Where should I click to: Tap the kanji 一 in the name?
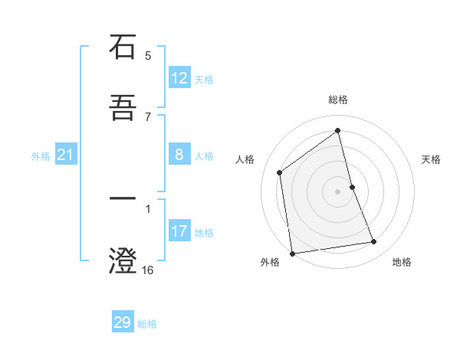[x=123, y=199]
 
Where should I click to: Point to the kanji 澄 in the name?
[x=123, y=261]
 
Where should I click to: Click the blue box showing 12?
[x=179, y=78]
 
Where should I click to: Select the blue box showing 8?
[x=179, y=155]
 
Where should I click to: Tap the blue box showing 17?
[x=179, y=231]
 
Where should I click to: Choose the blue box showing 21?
[x=65, y=155]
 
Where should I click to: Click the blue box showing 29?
[x=123, y=322]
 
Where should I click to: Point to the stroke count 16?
[x=147, y=270]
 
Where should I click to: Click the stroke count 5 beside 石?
[x=148, y=55]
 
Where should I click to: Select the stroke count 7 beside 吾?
[x=148, y=116]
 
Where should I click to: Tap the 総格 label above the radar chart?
[x=338, y=100]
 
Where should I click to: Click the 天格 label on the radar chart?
[x=432, y=159]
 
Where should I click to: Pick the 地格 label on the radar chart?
[x=402, y=262]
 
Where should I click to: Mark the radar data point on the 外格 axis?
[x=292, y=254]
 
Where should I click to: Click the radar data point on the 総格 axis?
[x=338, y=131]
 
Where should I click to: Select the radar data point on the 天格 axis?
[x=352, y=187]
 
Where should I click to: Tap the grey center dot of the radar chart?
[x=338, y=191]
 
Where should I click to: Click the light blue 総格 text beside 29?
[x=147, y=324]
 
